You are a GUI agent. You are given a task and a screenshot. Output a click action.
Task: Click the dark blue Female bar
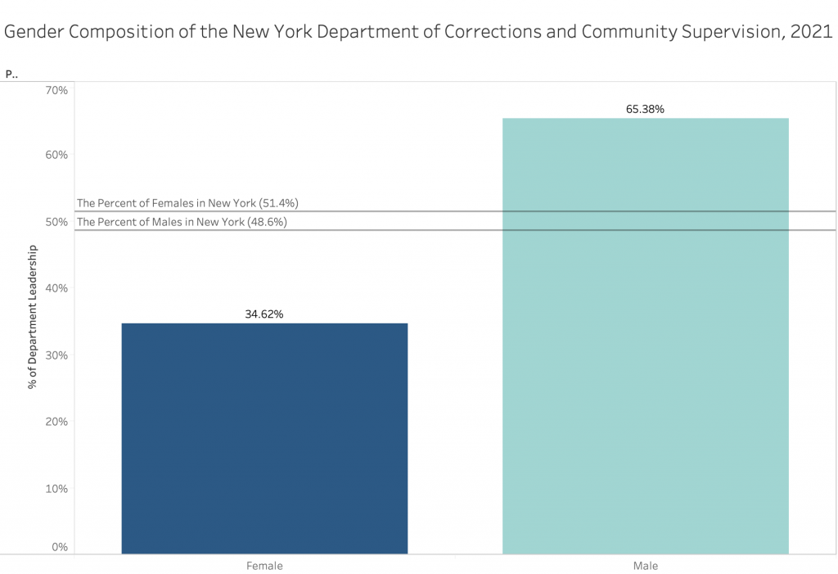[x=264, y=438]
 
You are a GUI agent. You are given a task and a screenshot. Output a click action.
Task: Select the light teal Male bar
[x=645, y=336]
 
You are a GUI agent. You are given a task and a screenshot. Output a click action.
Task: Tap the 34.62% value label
[x=264, y=314]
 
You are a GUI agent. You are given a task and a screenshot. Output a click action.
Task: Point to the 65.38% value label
[x=645, y=108]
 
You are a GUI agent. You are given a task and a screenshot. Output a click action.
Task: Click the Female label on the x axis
[x=264, y=566]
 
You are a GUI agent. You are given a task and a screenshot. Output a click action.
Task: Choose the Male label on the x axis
[x=645, y=566]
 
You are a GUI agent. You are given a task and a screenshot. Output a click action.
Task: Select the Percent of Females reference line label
[x=181, y=203]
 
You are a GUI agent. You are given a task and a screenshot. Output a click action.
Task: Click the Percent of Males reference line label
[x=181, y=222]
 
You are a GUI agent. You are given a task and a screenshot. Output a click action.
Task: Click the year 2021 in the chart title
[x=811, y=32]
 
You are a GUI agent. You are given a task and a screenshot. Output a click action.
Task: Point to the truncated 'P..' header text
[x=11, y=74]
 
